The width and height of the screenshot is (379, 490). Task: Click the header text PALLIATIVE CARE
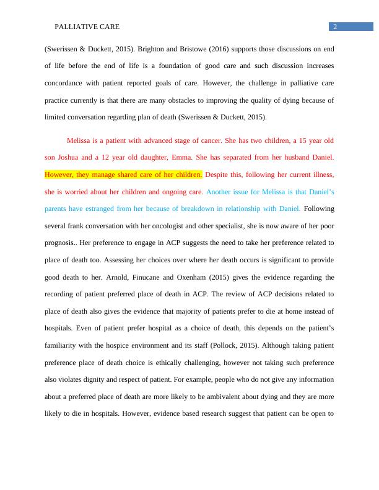coord(87,27)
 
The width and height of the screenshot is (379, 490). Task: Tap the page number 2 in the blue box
coord(335,27)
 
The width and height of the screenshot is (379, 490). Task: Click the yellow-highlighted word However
coord(59,174)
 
